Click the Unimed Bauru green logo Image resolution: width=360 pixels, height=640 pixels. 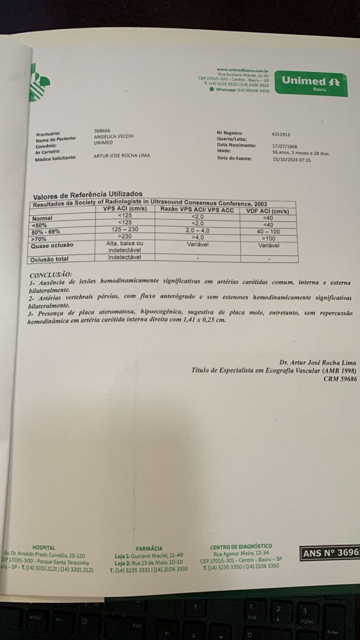coord(310,83)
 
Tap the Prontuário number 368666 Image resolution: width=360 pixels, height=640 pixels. coord(102,130)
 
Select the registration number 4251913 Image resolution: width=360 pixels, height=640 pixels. coord(281,134)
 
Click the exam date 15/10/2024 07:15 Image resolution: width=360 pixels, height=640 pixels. coord(292,159)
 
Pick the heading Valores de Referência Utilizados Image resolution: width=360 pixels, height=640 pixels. coord(88,195)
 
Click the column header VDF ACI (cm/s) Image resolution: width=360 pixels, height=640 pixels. coord(268,211)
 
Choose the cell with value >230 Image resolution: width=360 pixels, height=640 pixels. coord(125,236)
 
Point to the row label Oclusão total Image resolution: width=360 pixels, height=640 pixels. coord(49,260)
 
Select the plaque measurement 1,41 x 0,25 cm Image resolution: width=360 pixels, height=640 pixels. coord(203,320)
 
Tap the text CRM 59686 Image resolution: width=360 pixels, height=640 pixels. coord(340,379)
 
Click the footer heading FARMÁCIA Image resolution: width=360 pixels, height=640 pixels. coord(149,549)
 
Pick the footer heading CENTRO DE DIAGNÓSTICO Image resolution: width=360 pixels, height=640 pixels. coord(241,546)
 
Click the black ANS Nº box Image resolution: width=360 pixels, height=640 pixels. coord(330,553)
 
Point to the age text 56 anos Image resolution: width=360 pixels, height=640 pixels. coord(283,153)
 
